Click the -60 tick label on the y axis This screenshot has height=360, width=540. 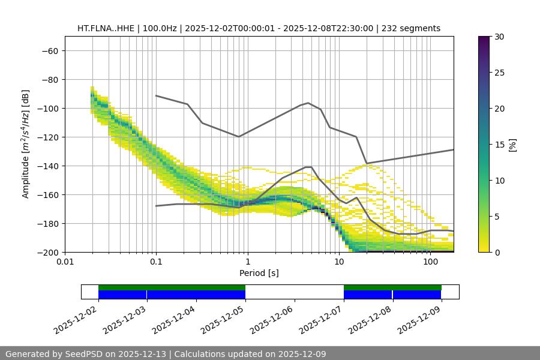pyautogui.click(x=49, y=50)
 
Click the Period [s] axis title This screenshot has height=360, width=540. pyautogui.click(x=259, y=273)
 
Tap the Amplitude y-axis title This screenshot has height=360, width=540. pyautogui.click(x=26, y=144)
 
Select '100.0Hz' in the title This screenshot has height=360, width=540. pyautogui.click(x=161, y=28)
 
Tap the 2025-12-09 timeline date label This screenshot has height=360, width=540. pyautogui.click(x=419, y=319)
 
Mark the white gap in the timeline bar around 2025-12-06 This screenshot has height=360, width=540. pyautogui.click(x=294, y=292)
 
